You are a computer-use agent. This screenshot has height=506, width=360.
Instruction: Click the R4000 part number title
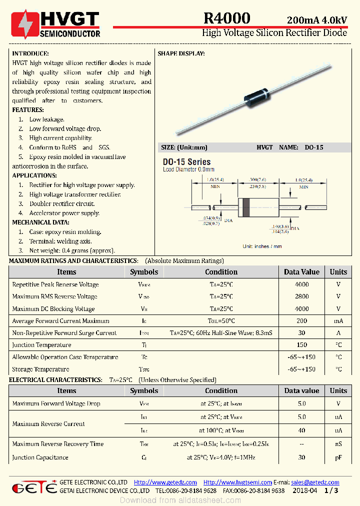[226, 18]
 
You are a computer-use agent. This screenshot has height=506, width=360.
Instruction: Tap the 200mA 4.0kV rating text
[316, 20]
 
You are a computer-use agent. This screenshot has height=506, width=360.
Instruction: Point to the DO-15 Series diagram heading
[186, 162]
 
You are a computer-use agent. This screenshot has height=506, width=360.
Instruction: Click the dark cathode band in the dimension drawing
[245, 207]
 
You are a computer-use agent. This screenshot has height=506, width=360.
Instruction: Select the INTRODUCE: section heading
[30, 53]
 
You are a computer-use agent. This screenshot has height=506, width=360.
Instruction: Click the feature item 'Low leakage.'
[46, 119]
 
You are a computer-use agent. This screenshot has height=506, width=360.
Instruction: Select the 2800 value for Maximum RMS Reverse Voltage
[301, 296]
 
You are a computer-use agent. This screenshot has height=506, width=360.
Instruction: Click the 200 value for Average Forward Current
[301, 321]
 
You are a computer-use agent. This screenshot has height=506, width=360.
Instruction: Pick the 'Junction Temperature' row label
[41, 345]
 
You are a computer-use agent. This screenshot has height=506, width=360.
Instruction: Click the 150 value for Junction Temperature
[301, 345]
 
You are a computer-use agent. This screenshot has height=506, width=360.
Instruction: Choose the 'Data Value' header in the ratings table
[301, 272]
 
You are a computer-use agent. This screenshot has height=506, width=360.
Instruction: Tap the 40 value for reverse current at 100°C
[301, 430]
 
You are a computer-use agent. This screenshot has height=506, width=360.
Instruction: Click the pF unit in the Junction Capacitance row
[338, 457]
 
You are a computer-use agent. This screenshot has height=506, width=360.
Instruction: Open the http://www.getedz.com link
[165, 482]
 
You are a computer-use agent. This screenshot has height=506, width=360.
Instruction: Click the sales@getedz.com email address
[315, 482]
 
